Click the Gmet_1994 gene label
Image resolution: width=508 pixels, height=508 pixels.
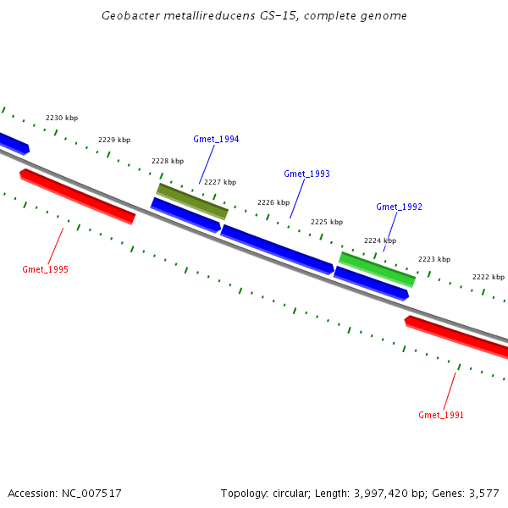pos(216,139)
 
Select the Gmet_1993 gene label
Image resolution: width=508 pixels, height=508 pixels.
pos(306,174)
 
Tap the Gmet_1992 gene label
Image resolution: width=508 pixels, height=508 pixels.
pos(399,207)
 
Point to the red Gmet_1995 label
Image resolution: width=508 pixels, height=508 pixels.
pos(45,269)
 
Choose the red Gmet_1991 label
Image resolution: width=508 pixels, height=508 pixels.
pos(441,415)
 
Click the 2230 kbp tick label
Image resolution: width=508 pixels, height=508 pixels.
pos(62,118)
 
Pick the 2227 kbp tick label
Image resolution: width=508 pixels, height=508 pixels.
pos(220,182)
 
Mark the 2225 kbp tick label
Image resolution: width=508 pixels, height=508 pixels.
pos(327,222)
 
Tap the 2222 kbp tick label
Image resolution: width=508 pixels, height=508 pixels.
pos(489,277)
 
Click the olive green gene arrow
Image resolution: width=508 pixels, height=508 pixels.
pos(192,200)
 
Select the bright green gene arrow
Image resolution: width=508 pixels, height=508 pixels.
pos(377,268)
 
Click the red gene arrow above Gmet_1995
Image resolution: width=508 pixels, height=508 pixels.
pos(77,196)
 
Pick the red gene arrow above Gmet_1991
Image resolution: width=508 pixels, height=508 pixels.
pos(457,334)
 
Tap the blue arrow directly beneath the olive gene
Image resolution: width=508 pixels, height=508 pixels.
pos(186,215)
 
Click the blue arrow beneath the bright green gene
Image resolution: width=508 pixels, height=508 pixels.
pos(371,283)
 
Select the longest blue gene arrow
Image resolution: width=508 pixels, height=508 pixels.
pos(277,249)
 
